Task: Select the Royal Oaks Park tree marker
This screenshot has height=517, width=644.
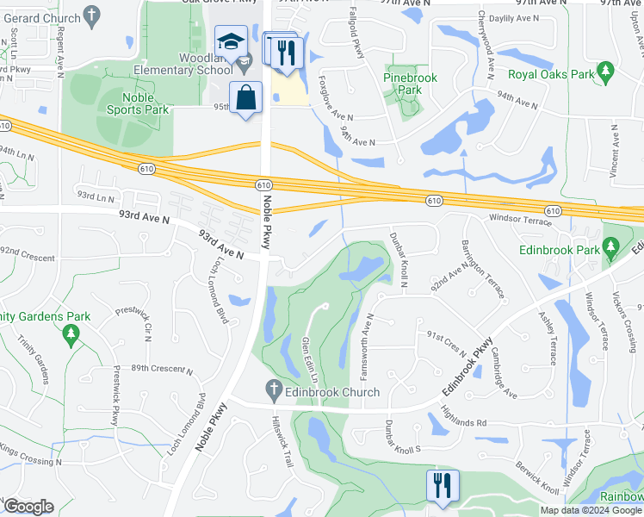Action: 605,69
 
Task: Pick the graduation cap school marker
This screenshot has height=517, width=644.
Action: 231,42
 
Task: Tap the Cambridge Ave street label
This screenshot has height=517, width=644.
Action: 503,372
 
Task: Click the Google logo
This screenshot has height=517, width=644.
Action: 28,507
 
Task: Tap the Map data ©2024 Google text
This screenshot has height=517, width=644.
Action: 590,510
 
